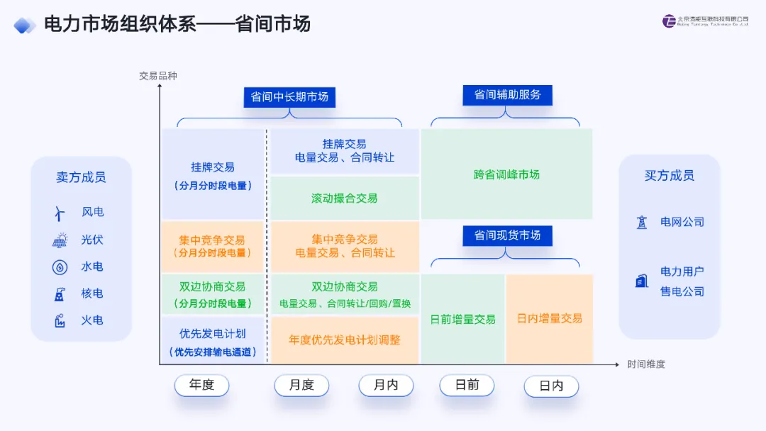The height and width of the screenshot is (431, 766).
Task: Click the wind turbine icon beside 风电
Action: (x=60, y=213)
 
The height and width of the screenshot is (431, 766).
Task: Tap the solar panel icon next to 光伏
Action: (x=60, y=240)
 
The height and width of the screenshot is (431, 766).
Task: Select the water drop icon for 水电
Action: (x=60, y=267)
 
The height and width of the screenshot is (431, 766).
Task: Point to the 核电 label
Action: (x=92, y=293)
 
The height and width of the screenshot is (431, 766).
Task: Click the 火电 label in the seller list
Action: (x=92, y=320)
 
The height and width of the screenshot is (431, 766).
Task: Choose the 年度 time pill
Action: (x=201, y=386)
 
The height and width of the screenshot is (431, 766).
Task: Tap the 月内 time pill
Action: (x=386, y=386)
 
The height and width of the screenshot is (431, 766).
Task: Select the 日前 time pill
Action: (x=467, y=385)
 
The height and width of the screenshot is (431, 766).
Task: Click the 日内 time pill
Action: (x=551, y=386)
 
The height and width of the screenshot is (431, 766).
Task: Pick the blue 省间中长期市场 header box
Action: (x=289, y=97)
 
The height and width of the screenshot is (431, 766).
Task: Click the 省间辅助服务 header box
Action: (x=507, y=95)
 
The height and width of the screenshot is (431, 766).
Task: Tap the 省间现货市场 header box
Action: (x=507, y=235)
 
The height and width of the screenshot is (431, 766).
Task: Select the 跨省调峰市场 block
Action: (x=506, y=174)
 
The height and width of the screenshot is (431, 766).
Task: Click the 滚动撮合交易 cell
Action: (x=345, y=198)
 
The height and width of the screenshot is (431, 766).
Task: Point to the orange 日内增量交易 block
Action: (x=549, y=319)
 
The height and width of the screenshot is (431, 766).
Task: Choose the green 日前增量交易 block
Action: (x=462, y=320)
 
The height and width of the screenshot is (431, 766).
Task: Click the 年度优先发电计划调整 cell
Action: (x=345, y=340)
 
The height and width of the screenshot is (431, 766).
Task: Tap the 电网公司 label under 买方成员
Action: (x=682, y=222)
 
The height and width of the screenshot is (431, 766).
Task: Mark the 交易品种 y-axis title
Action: (x=158, y=76)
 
